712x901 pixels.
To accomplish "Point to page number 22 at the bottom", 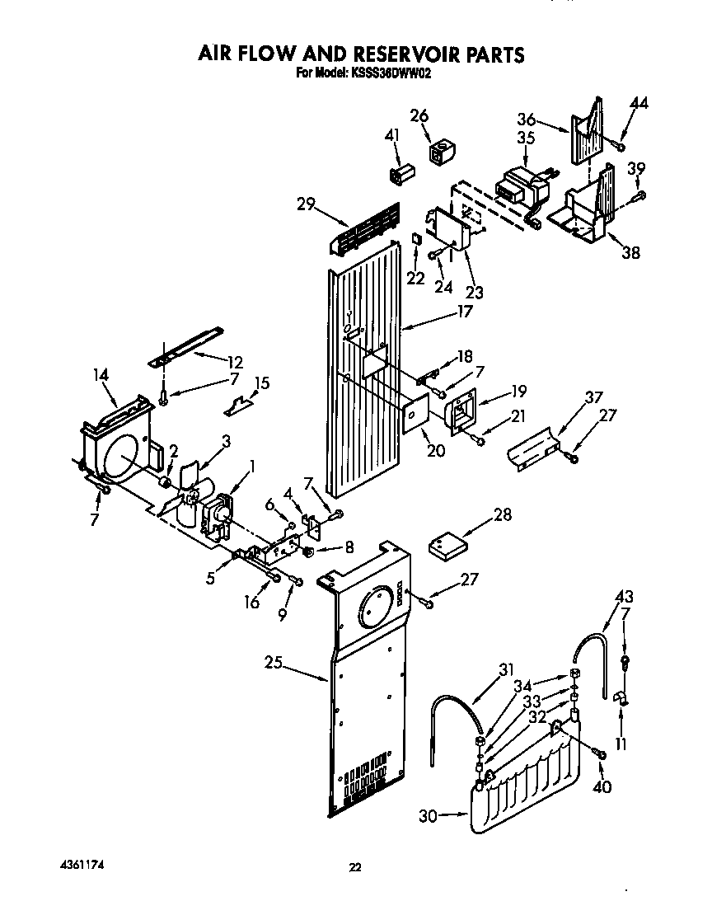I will tap(355, 866).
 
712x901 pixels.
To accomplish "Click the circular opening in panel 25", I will tap(377, 610).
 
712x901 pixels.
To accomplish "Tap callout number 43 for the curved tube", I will tap(625, 597).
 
